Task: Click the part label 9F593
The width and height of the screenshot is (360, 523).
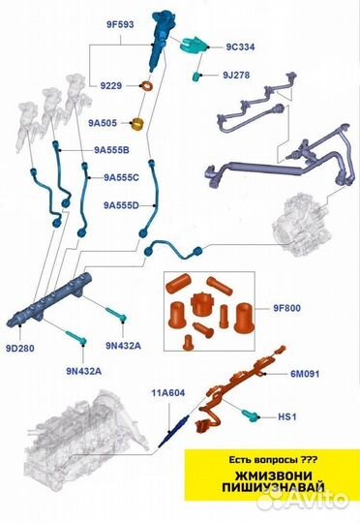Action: tap(120, 24)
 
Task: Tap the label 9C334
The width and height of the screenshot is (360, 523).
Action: tap(240, 47)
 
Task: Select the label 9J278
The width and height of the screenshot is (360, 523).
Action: tap(236, 75)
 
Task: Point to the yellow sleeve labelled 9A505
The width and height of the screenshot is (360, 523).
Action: tap(138, 124)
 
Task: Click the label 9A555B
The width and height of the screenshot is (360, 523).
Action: tap(111, 150)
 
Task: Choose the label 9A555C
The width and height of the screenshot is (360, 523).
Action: tap(121, 177)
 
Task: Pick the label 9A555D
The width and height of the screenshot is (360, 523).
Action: tap(121, 205)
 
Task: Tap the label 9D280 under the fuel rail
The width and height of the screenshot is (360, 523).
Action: tap(20, 349)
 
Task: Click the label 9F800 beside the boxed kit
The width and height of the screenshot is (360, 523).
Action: tap(287, 308)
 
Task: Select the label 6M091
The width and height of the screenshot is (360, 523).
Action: tap(305, 374)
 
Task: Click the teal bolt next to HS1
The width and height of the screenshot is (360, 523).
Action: tap(250, 415)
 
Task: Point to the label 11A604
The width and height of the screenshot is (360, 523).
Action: tap(168, 393)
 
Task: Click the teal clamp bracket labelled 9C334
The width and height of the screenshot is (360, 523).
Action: tap(194, 46)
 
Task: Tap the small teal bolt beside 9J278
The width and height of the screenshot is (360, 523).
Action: tap(196, 77)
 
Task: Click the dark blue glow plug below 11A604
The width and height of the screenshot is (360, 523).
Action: tap(174, 431)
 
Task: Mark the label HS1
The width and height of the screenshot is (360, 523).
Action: tap(287, 416)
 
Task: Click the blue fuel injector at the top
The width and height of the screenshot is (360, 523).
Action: tap(160, 40)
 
